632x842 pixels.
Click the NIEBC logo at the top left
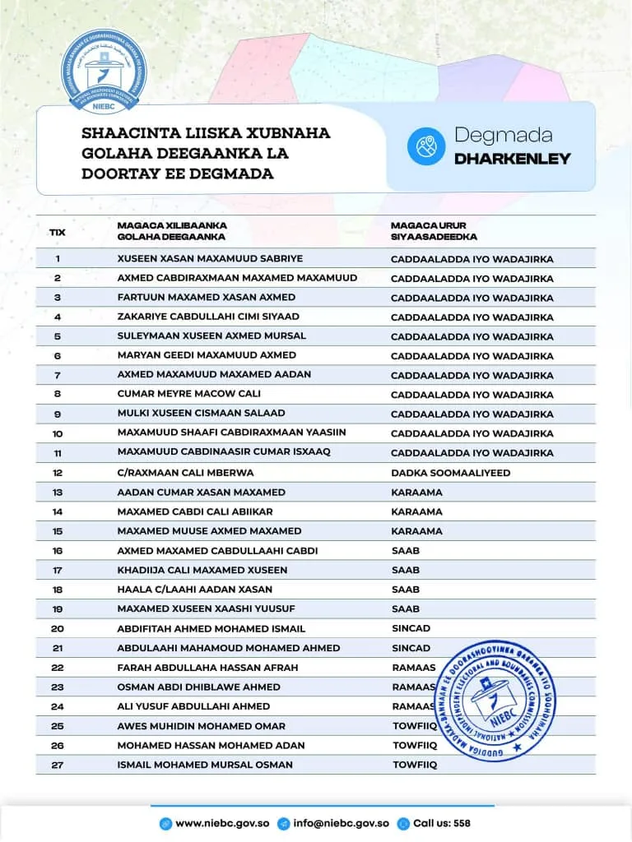pos(103,72)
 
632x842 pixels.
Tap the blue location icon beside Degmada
pos(426,146)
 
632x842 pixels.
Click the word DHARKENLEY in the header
pos(512,159)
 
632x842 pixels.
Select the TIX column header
pos(58,232)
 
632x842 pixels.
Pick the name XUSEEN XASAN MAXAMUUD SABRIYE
pos(210,258)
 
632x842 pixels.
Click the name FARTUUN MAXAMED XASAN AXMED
pos(206,297)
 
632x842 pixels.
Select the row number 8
pos(58,395)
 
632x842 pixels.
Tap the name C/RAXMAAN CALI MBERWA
pos(185,473)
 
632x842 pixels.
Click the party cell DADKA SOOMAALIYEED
pos(451,473)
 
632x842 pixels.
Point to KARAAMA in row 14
pos(416,511)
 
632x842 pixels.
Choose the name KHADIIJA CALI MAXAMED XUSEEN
pos(202,570)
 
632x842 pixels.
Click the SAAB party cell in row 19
pos(406,608)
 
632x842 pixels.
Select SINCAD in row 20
pos(411,628)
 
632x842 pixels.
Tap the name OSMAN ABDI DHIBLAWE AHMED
pos(198,687)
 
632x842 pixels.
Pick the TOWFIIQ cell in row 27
pos(414,765)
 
